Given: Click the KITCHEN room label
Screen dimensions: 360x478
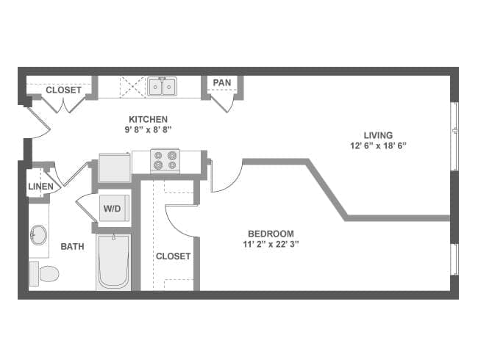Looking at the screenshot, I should (x=148, y=119).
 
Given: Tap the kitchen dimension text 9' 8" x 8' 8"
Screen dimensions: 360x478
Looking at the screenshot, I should (x=148, y=129).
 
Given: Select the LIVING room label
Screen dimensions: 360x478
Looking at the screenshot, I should (x=378, y=135).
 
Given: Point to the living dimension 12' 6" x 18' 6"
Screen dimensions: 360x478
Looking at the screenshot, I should (x=378, y=145).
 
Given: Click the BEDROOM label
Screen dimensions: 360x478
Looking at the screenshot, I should (x=270, y=234).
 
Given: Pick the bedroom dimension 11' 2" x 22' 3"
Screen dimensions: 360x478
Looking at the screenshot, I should (x=270, y=244).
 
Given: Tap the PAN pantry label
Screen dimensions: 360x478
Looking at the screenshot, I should (x=222, y=82).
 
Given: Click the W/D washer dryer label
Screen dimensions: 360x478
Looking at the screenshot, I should (x=112, y=209).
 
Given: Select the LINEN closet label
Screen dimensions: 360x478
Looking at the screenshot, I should (x=40, y=187).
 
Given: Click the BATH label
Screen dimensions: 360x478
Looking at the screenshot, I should (x=72, y=247).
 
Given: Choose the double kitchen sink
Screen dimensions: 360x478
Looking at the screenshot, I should (x=163, y=87).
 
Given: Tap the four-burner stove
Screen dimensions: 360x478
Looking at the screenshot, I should (x=165, y=160).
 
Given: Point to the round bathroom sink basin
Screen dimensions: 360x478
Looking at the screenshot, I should (x=39, y=236).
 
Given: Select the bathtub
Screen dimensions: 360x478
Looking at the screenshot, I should (x=113, y=262).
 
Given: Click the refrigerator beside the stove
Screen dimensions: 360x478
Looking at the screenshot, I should (x=114, y=167).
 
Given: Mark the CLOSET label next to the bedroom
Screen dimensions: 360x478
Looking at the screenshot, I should (x=173, y=256).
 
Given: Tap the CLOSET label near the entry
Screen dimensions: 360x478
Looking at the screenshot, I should (x=64, y=90).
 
